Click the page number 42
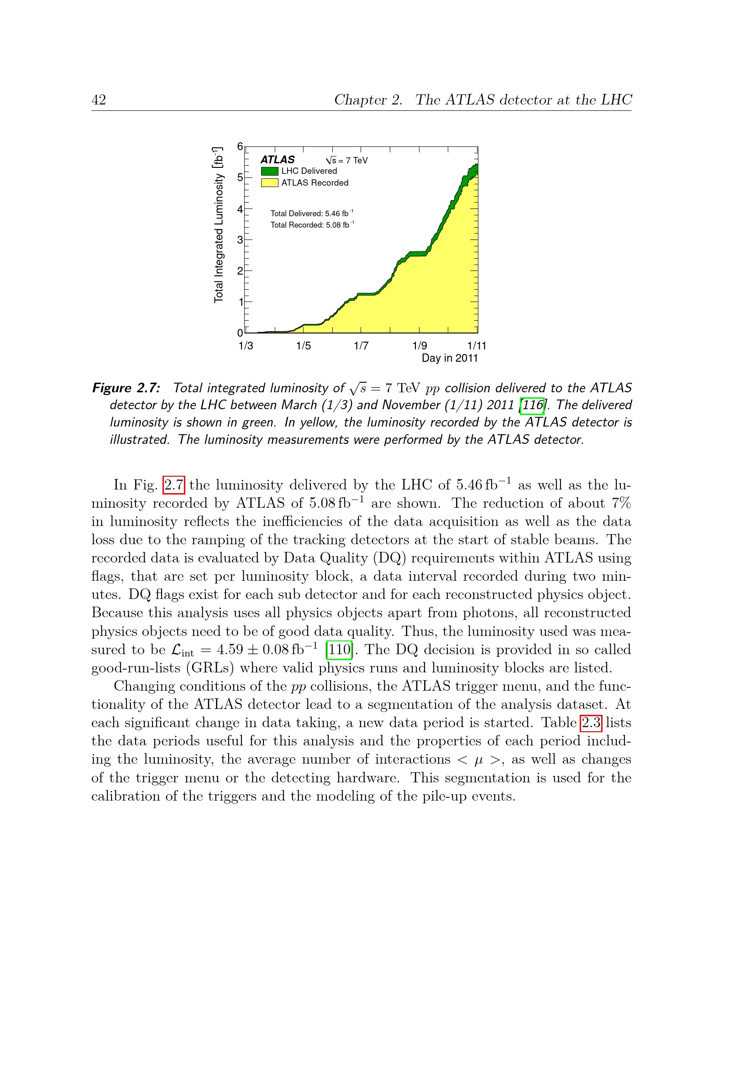(99, 100)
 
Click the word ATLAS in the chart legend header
(278, 159)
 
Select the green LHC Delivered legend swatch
(270, 171)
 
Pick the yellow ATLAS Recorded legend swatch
(270, 182)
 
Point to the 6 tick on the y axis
(240, 146)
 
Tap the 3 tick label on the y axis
(240, 240)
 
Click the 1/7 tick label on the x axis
(361, 346)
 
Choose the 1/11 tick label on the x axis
(477, 346)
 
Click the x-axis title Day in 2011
(450, 358)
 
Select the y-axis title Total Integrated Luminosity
(219, 225)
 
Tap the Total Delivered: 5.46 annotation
(311, 213)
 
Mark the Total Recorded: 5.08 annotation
(311, 225)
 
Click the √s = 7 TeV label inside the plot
(347, 160)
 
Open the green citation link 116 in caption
(532, 405)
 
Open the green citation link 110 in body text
(339, 649)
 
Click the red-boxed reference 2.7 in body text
(174, 485)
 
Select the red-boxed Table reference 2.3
(591, 723)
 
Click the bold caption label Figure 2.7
(126, 388)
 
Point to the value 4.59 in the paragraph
(230, 649)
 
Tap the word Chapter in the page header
(368, 100)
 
